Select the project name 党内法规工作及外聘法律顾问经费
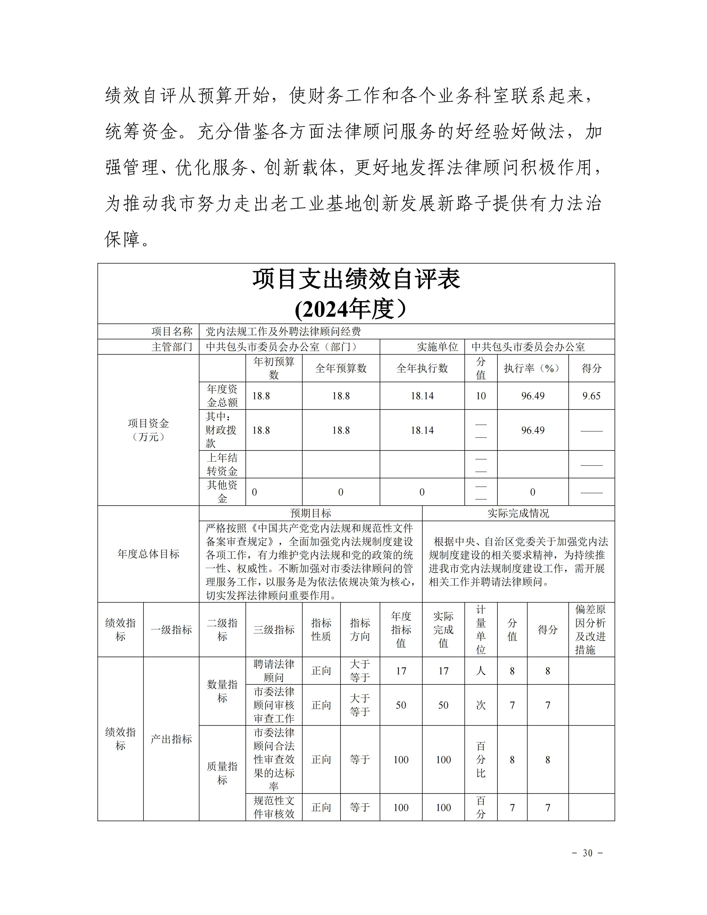coord(283,331)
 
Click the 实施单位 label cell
coord(437,347)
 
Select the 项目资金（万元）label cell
coord(148,430)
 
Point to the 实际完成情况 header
coord(518,513)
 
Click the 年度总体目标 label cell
coord(148,554)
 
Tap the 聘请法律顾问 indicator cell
coord(274,670)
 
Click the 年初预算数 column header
coord(274,368)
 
